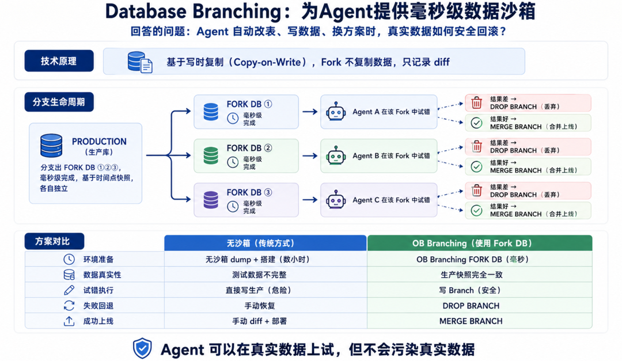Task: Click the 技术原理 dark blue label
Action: (59, 60)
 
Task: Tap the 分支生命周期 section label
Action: (59, 102)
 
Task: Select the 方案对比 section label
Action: (54, 241)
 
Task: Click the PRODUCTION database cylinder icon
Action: (51, 146)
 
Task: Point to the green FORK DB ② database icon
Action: (211, 155)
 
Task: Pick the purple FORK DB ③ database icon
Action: (211, 200)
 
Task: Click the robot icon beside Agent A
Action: (336, 112)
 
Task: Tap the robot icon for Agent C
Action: (336, 200)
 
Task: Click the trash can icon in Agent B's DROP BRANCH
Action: (476, 147)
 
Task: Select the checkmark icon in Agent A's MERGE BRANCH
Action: (476, 123)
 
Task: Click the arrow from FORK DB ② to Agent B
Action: (310, 156)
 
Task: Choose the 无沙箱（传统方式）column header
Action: (266, 243)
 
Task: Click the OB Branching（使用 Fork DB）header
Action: (480, 243)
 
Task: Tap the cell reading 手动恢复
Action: (260, 306)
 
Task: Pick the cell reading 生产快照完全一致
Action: (471, 275)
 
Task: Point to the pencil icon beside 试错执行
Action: (69, 290)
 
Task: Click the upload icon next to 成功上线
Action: (69, 321)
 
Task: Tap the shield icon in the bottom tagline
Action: (142, 348)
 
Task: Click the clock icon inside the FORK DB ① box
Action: (233, 118)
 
